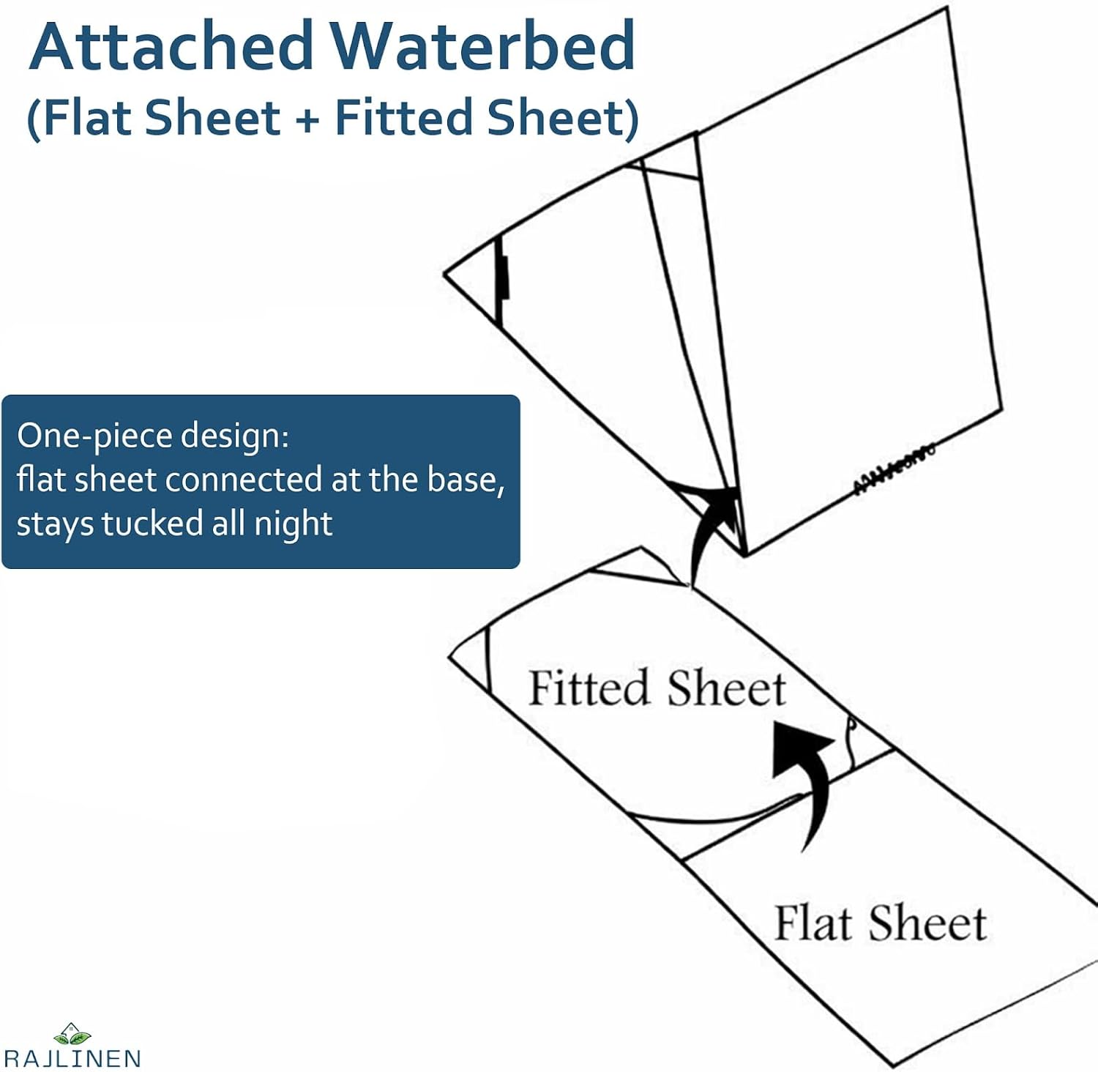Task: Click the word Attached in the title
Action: pyautogui.click(x=172, y=45)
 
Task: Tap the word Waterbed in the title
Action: pyautogui.click(x=483, y=45)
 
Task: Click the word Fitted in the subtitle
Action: pyautogui.click(x=404, y=117)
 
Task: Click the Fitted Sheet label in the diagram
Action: pyautogui.click(x=657, y=688)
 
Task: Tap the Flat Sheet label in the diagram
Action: pyautogui.click(x=880, y=923)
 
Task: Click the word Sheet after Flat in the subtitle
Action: pyautogui.click(x=212, y=117)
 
